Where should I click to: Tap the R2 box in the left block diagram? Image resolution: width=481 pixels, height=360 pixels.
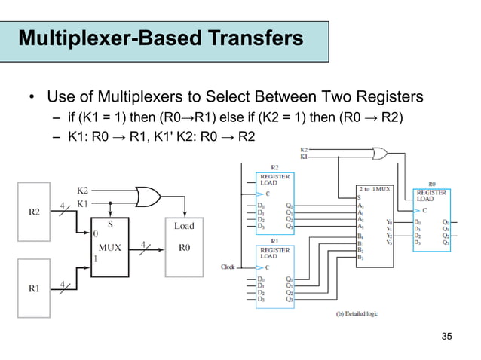click(x=35, y=212)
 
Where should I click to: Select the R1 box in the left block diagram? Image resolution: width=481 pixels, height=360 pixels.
click(x=35, y=287)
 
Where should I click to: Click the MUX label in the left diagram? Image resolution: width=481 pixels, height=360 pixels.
click(x=110, y=245)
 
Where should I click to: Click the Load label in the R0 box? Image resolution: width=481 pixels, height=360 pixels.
click(x=184, y=225)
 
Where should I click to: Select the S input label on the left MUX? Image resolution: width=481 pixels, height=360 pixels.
click(x=110, y=223)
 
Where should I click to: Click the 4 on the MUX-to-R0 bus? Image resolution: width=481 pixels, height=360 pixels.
click(x=143, y=244)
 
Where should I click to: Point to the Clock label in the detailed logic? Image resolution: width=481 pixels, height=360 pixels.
click(x=227, y=266)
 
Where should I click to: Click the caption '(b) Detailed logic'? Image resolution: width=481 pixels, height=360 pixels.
click(x=351, y=311)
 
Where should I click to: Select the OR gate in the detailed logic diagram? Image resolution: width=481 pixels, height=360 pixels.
click(x=377, y=154)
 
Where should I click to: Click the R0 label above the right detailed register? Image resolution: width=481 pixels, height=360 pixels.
click(x=430, y=182)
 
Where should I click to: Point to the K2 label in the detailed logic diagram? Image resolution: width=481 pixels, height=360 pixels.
click(x=304, y=149)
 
